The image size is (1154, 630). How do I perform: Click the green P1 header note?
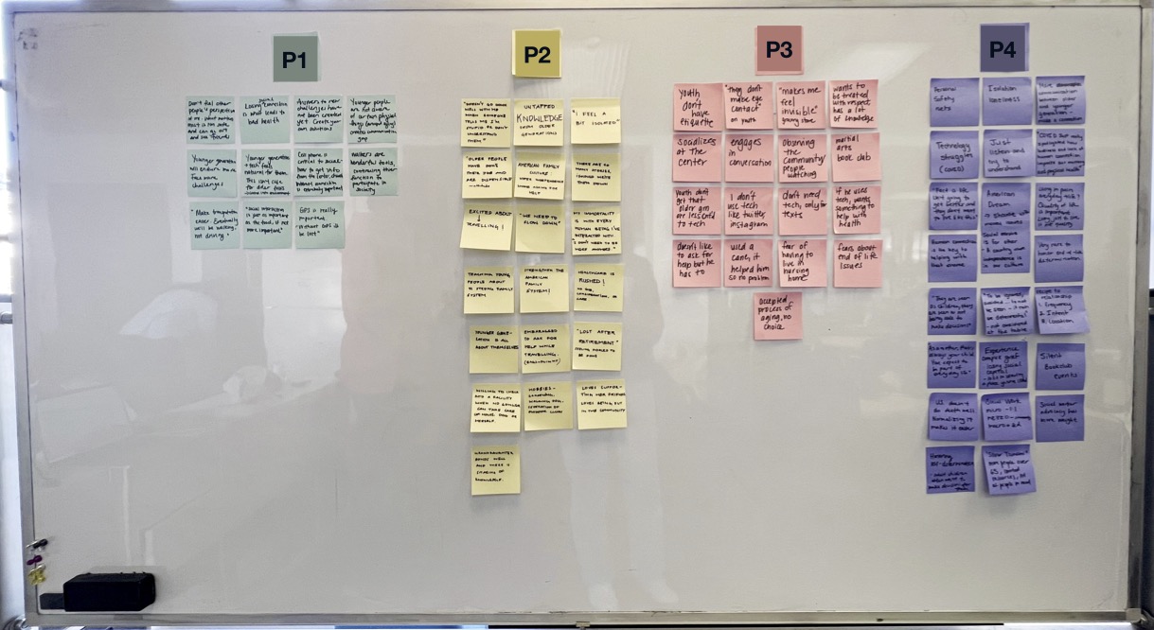[294, 59]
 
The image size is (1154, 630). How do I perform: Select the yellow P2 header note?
[536, 53]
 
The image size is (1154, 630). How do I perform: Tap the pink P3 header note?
[778, 49]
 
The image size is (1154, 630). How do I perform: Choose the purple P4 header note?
[1003, 49]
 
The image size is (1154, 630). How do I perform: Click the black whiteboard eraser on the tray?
[109, 590]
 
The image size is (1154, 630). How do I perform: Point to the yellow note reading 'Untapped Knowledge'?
[539, 123]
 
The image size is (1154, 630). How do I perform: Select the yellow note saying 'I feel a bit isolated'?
[595, 121]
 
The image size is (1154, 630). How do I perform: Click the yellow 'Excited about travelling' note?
[486, 229]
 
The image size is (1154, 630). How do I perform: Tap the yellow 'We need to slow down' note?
[540, 230]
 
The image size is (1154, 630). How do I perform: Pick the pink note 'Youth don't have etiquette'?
[698, 106]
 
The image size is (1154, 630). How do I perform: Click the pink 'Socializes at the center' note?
[698, 156]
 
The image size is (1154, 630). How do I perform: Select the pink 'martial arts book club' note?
[856, 156]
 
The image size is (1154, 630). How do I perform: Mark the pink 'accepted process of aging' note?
[777, 315]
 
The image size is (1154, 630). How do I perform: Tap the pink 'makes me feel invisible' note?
[801, 104]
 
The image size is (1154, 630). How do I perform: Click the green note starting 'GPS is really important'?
[320, 225]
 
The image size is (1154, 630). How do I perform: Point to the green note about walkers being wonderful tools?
[372, 171]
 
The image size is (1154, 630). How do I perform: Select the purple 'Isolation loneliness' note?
[1006, 101]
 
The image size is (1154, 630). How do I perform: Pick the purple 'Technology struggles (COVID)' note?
[953, 154]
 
